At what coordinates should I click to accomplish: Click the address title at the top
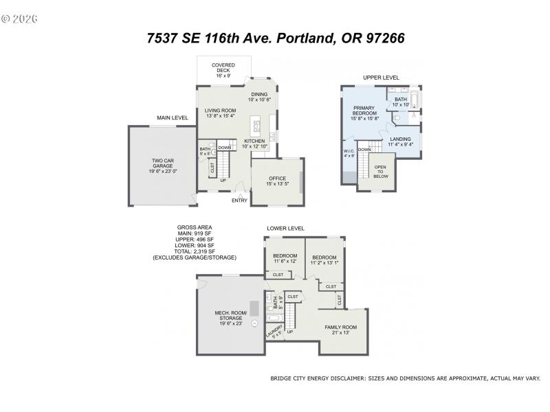tap(275, 38)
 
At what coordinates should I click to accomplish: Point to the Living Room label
tap(221, 113)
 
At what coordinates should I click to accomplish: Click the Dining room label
tap(259, 97)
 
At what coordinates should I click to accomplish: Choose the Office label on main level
tap(277, 181)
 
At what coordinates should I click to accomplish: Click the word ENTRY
tap(239, 201)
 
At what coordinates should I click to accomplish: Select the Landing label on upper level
tap(400, 141)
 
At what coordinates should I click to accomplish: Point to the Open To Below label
tap(381, 172)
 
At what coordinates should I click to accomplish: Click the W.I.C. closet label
tap(349, 153)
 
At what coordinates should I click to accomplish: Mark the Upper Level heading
tap(381, 78)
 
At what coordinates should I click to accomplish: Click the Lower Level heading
tap(285, 229)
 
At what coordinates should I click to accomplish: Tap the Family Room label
tap(342, 330)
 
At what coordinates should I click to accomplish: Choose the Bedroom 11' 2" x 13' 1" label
tap(324, 259)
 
